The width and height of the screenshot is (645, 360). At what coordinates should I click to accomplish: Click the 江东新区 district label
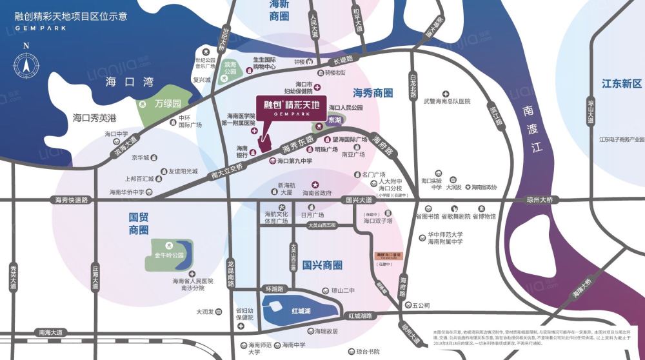coord(622,84)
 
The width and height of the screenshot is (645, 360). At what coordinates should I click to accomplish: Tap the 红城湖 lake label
coord(301,310)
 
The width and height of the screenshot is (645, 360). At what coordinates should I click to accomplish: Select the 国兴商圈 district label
coord(322,265)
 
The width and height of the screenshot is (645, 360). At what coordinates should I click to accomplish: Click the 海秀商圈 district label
coord(373,93)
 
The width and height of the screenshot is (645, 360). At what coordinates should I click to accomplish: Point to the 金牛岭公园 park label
coord(169,255)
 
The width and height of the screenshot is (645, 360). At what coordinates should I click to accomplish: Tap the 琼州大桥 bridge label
coord(539,200)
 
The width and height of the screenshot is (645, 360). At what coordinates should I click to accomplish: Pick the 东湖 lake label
coord(335,120)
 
